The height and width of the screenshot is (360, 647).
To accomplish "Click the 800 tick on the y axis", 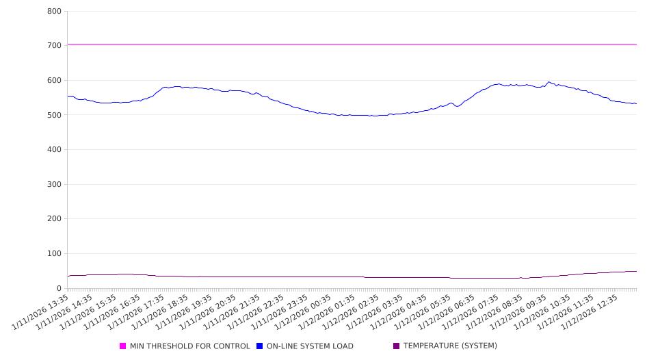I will [55, 11].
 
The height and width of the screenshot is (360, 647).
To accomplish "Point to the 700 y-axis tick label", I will [55, 46].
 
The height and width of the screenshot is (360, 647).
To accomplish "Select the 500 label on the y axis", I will [55, 115].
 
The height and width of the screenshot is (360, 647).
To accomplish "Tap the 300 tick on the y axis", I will [55, 184].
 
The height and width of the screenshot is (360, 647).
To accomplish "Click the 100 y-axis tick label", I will [55, 254].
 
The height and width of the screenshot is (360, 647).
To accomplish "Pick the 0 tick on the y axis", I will [60, 289].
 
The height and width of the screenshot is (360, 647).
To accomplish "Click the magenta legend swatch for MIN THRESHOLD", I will [123, 346].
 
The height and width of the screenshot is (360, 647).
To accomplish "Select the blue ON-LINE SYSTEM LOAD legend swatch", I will [260, 346].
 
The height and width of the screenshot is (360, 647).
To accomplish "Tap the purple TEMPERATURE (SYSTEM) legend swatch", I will [397, 346].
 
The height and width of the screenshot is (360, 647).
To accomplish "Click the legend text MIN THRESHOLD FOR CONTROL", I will [189, 346].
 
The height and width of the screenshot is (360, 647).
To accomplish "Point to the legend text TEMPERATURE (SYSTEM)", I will [450, 346].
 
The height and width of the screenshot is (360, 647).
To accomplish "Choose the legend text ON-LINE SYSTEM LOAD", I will [310, 346].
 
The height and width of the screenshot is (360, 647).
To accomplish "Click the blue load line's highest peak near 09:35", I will [549, 82].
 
